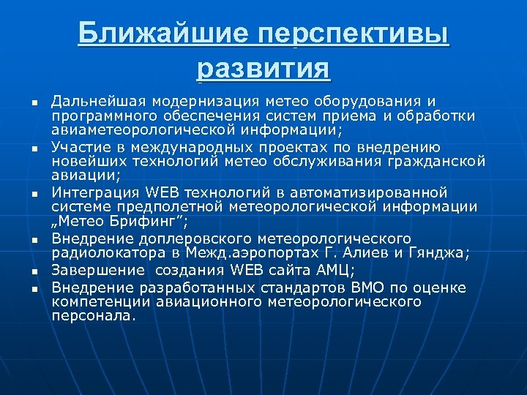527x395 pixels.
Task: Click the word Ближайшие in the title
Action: (159, 34)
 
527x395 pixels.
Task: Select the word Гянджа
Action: (443, 253)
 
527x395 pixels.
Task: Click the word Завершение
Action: (93, 269)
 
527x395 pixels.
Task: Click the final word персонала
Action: (93, 316)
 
